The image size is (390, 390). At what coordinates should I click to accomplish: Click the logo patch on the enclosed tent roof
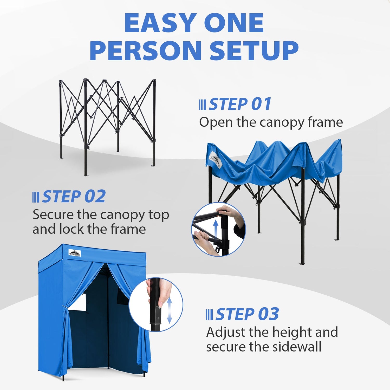click(75, 253)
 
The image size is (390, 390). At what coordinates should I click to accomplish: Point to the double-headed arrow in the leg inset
click(169, 310)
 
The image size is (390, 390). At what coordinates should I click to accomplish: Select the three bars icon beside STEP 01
click(202, 105)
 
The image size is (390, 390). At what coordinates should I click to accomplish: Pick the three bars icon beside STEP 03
click(209, 315)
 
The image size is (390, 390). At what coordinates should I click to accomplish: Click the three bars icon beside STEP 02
click(36, 197)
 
